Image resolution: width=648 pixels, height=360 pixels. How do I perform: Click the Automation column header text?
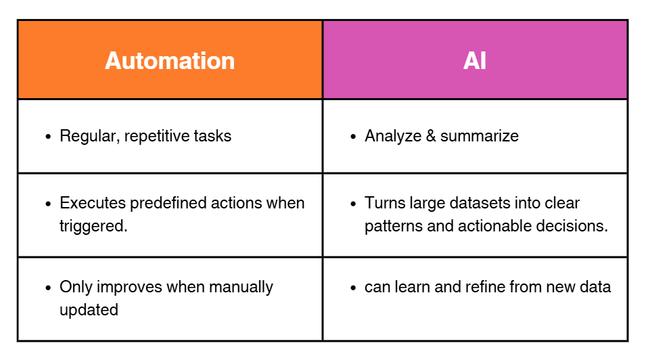pyautogui.click(x=170, y=61)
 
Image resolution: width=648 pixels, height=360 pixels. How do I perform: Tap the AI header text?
pyautogui.click(x=475, y=61)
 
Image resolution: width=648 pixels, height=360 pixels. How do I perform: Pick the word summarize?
pyautogui.click(x=480, y=136)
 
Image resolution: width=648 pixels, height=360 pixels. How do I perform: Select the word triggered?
pyautogui.click(x=93, y=226)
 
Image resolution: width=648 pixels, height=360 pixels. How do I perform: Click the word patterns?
pyautogui.click(x=392, y=226)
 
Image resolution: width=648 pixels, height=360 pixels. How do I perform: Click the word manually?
pyautogui.click(x=241, y=287)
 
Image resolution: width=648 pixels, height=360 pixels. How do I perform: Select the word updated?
pyautogui.click(x=89, y=310)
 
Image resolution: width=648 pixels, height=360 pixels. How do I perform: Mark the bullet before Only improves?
pyautogui.click(x=48, y=288)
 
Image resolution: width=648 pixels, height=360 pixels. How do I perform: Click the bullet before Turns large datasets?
pyautogui.click(x=353, y=204)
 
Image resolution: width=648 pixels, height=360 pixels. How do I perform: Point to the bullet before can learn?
pyautogui.click(x=353, y=288)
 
